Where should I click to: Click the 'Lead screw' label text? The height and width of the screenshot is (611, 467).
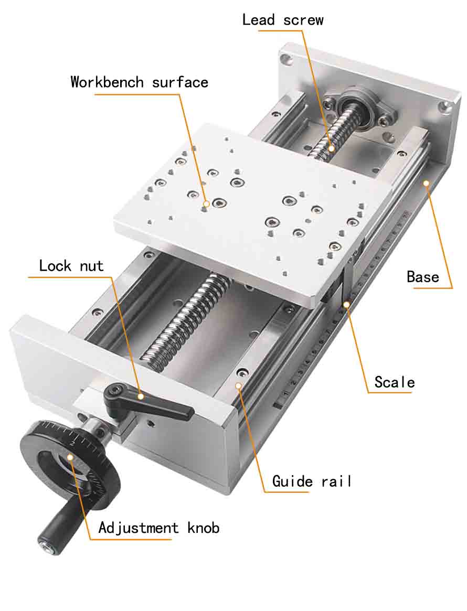pos(282,20)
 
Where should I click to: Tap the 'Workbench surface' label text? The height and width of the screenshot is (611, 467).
pos(139,82)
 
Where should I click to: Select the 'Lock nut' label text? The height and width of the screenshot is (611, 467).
pos(71,265)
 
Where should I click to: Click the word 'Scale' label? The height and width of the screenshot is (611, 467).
pos(394,382)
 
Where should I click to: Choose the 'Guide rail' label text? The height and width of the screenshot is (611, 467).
pos(312,481)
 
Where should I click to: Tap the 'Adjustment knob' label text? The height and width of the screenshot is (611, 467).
pos(158,527)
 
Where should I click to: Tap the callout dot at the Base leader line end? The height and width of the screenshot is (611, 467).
pos(427,183)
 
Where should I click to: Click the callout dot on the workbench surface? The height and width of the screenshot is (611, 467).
pos(207,203)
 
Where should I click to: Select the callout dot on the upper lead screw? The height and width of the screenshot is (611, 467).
pos(332,148)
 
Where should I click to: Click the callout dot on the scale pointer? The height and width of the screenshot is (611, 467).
pos(346,303)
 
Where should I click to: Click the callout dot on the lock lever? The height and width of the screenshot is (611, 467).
pos(141,396)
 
